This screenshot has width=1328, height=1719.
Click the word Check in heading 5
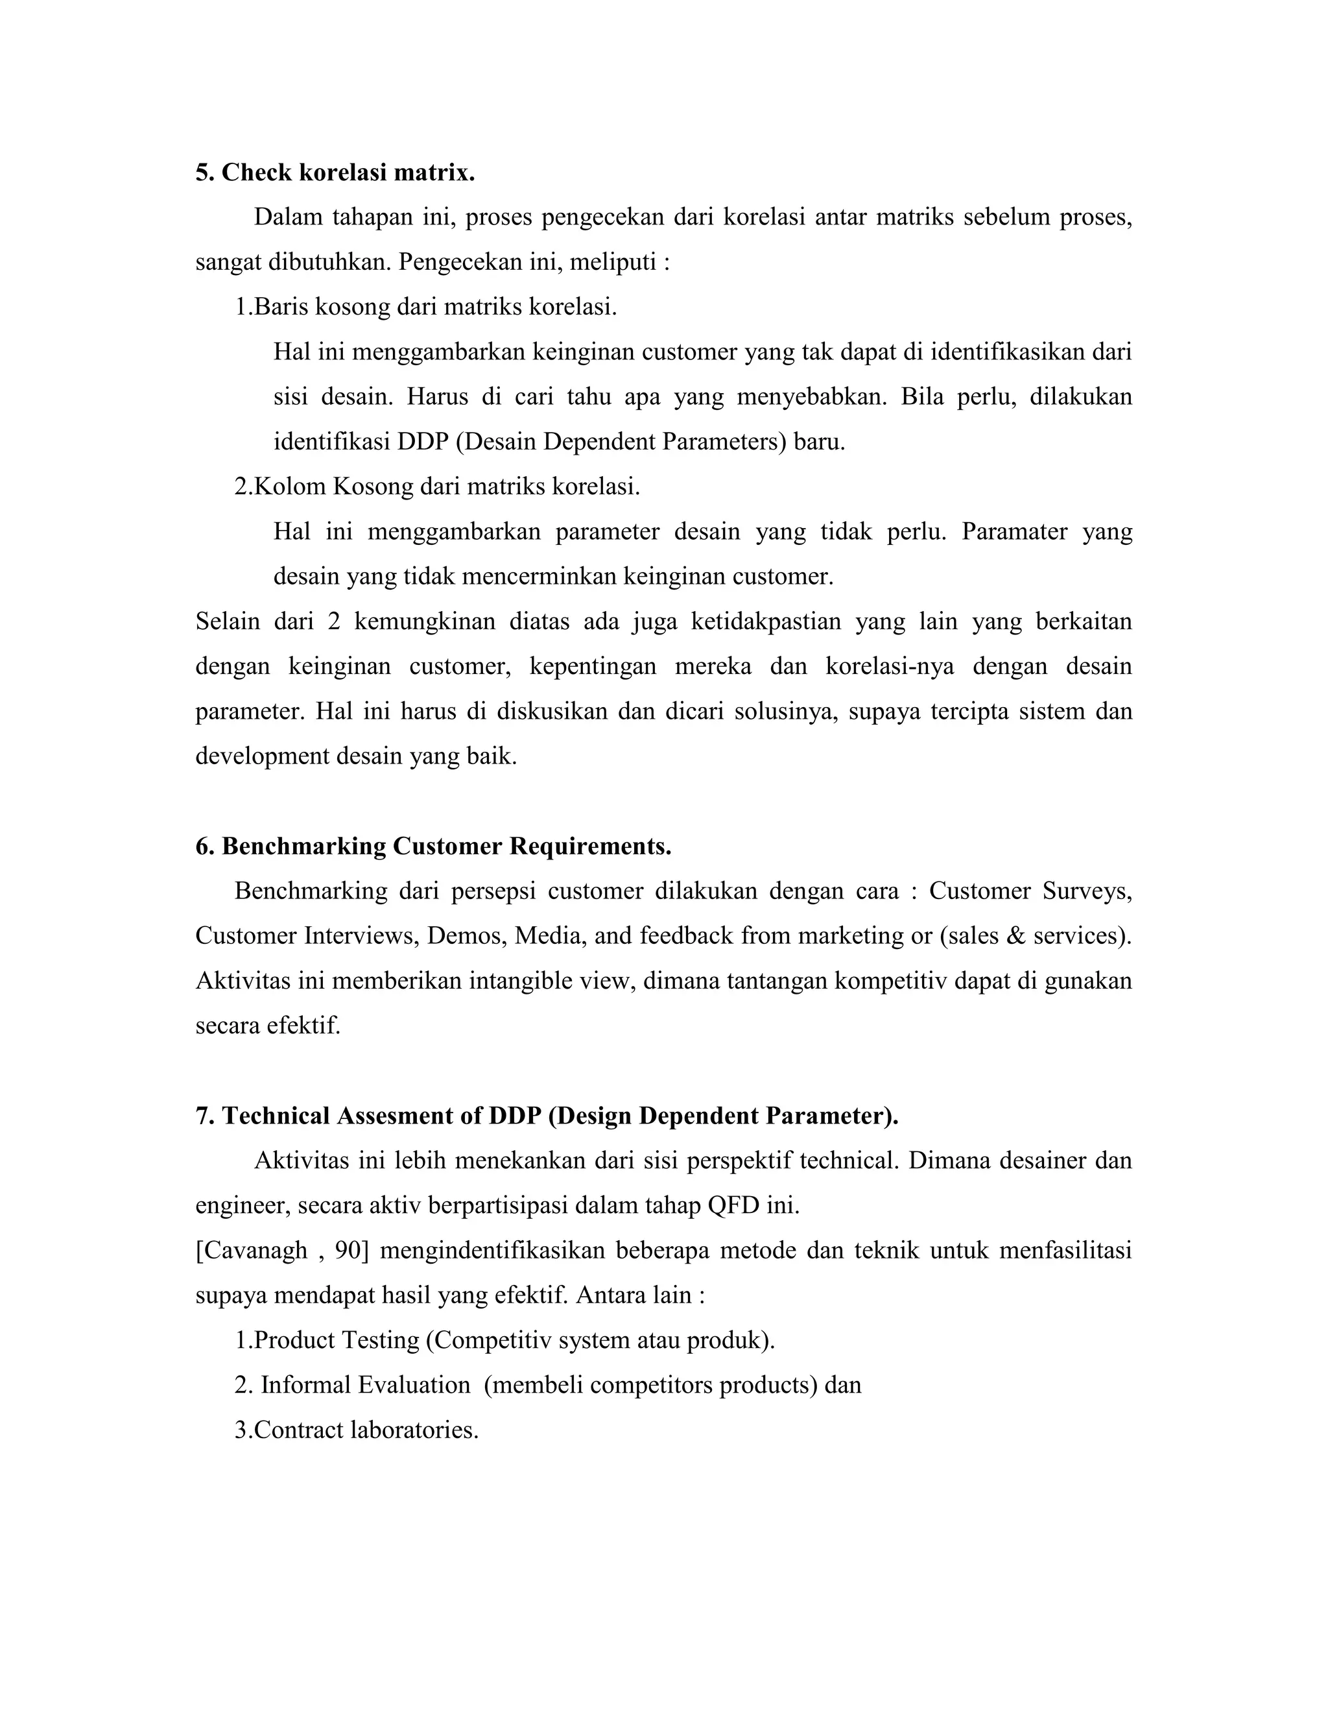point(255,173)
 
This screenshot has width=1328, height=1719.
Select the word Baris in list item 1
point(281,306)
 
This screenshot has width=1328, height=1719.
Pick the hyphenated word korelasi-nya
point(890,666)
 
